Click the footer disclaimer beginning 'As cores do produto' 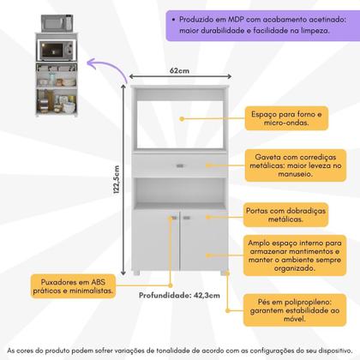click(180, 351)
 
